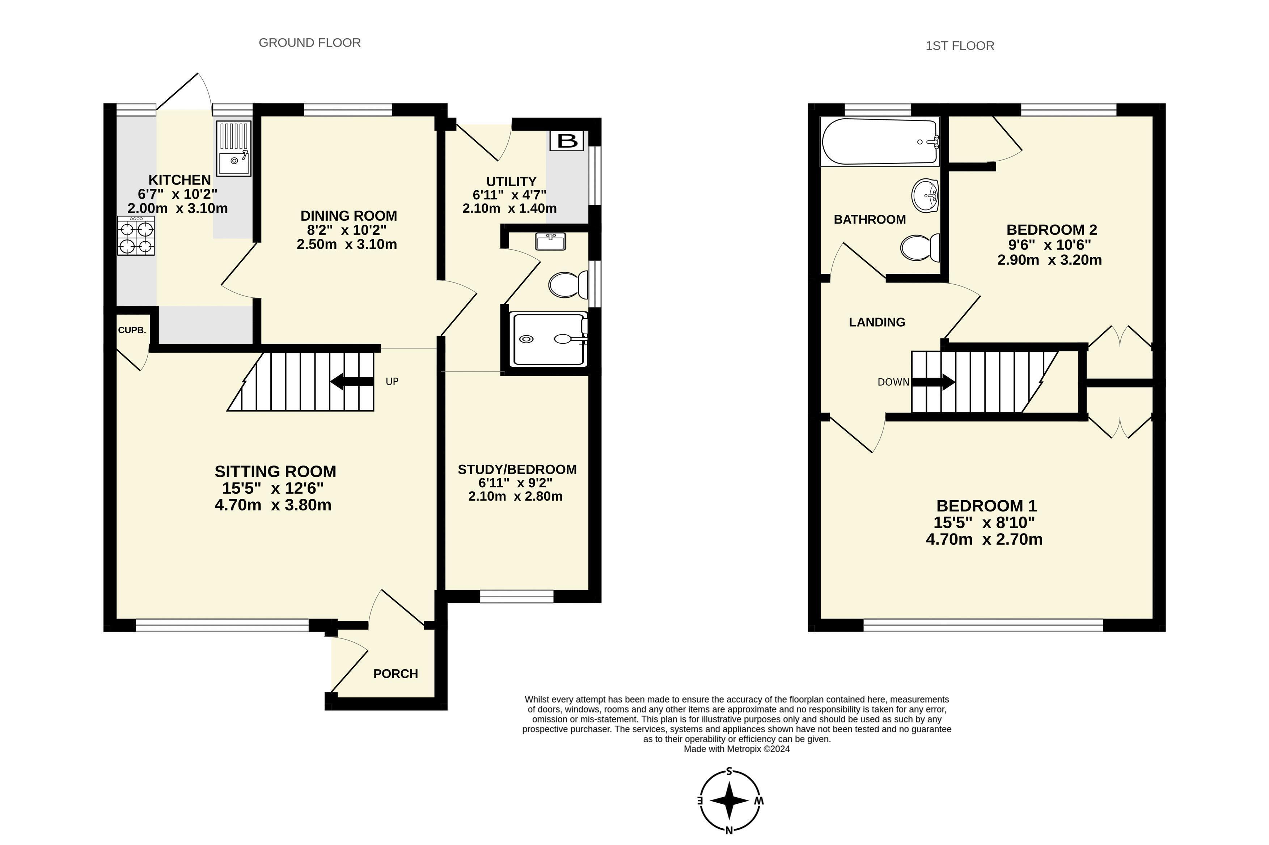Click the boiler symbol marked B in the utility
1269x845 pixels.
pos(567,141)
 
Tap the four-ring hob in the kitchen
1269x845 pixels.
pos(135,236)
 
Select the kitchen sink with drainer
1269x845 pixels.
pos(233,148)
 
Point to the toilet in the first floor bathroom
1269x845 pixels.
pos(920,247)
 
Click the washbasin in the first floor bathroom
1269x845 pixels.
pos(925,195)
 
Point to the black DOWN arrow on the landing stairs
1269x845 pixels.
pos(933,382)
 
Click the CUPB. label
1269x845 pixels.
pos(132,330)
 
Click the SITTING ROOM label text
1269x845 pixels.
pos(275,472)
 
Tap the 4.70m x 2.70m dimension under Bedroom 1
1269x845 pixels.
pos(984,539)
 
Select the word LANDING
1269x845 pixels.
pos(876,322)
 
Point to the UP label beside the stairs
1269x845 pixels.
pos(392,382)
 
